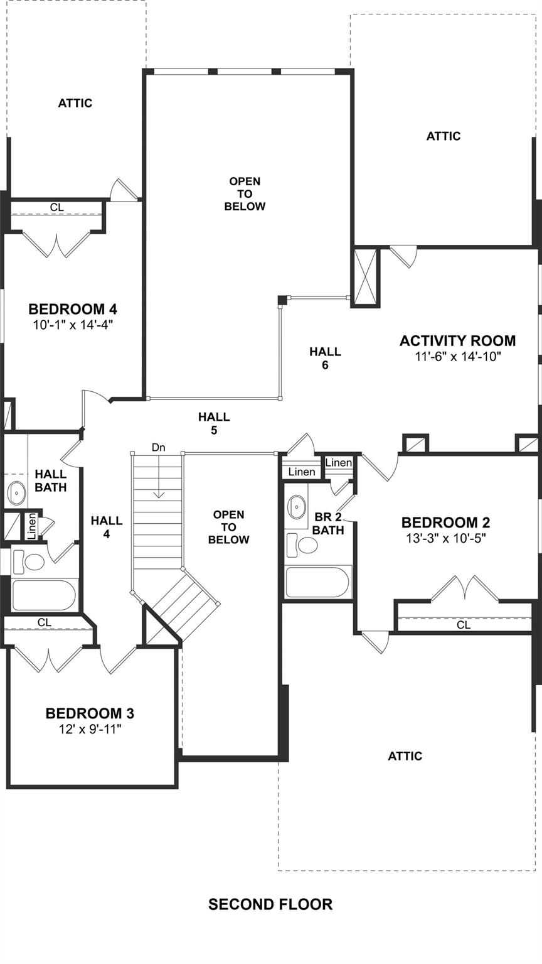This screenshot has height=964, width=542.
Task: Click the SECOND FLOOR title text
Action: click(x=270, y=904)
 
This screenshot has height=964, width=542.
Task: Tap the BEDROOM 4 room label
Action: click(x=73, y=309)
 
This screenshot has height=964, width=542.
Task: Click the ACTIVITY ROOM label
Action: click(x=457, y=341)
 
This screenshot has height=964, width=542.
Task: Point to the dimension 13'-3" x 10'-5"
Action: click(x=445, y=538)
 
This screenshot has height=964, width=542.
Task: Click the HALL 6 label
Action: click(x=325, y=358)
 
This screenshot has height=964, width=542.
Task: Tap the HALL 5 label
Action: click(x=214, y=423)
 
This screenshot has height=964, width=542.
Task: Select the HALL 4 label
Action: click(x=107, y=527)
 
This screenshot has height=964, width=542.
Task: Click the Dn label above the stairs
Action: click(x=159, y=448)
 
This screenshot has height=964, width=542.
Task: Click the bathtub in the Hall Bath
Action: click(x=44, y=595)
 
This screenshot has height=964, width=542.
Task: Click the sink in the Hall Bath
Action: click(x=16, y=492)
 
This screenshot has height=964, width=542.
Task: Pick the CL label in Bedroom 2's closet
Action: click(x=464, y=625)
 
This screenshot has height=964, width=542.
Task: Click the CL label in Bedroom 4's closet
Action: click(x=56, y=207)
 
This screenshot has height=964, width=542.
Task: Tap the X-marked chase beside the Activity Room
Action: click(x=365, y=276)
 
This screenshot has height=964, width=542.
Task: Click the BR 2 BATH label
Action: click(x=328, y=524)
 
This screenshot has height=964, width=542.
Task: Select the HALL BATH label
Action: click(x=51, y=480)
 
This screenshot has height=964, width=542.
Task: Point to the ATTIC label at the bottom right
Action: click(x=405, y=756)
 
